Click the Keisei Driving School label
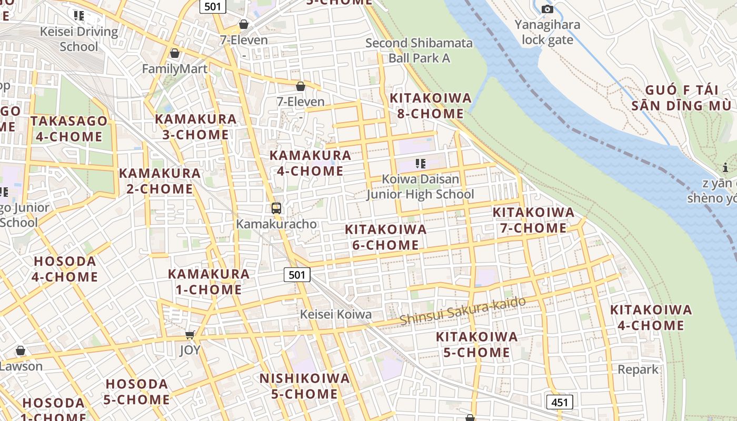[79, 39]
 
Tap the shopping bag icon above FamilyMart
[174, 53]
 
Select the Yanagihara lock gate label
[547, 32]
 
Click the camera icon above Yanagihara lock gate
[547, 9]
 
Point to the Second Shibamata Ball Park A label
[419, 51]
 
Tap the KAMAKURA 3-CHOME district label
[196, 126]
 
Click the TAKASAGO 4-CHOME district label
[68, 129]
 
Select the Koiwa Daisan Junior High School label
[420, 186]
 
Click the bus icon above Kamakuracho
[276, 208]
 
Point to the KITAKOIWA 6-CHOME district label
[385, 237]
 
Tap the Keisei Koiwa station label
[336, 314]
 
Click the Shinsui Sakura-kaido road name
[463, 311]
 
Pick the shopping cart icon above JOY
[190, 335]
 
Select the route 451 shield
[559, 403]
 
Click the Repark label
[638, 369]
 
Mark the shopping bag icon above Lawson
[21, 350]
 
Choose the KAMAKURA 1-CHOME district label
[208, 282]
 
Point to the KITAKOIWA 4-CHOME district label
[651, 317]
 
